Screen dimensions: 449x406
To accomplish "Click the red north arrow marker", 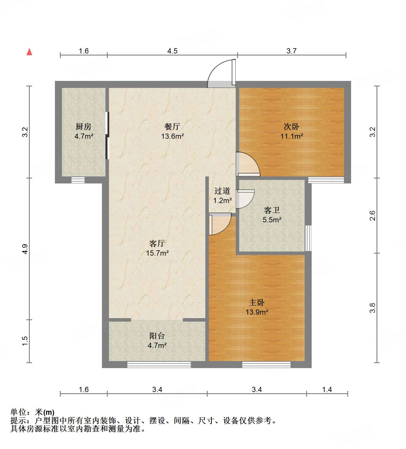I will click(x=29, y=52).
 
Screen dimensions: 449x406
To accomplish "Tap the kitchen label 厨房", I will click(x=84, y=126).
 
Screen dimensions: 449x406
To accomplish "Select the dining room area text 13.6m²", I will click(x=172, y=136).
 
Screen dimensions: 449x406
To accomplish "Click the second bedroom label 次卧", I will click(x=292, y=126).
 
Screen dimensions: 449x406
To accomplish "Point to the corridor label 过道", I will click(x=222, y=191).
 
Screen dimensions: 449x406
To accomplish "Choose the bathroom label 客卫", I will click(x=272, y=210).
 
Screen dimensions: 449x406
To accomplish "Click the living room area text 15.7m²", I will click(x=157, y=253).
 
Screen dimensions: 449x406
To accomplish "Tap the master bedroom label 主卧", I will click(x=257, y=303).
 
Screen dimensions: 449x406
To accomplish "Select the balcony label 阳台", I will click(x=157, y=336).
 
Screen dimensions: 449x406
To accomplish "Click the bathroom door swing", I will click(x=245, y=199).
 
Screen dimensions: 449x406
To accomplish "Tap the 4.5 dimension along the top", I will click(x=172, y=51).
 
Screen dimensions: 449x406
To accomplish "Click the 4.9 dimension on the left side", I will click(x=25, y=249).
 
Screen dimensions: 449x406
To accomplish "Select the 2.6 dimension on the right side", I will click(x=372, y=216).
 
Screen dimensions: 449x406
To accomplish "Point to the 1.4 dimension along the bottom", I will click(x=327, y=389).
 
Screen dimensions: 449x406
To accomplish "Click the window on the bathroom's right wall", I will click(x=308, y=238).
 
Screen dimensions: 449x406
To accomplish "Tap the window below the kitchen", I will click(x=78, y=180).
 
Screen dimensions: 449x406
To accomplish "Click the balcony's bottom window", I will click(x=159, y=364).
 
